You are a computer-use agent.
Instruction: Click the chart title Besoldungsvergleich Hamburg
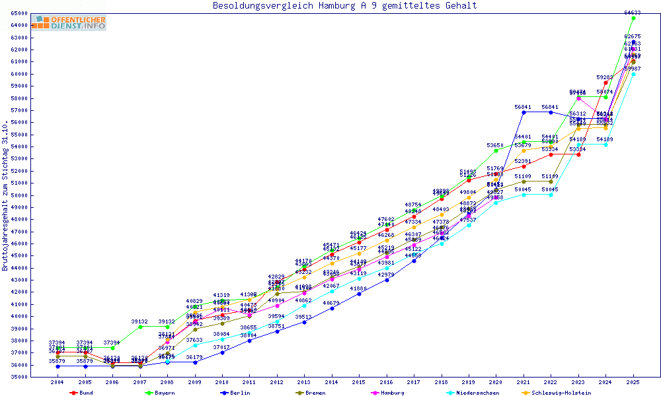pyautogui.click(x=344, y=6)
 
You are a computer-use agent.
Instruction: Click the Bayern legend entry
pyautogui.click(x=161, y=393)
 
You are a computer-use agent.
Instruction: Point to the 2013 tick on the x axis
pyautogui.click(x=304, y=382)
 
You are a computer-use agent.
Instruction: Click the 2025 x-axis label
pyautogui.click(x=633, y=382)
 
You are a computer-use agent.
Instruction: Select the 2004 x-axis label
pyautogui.click(x=58, y=382)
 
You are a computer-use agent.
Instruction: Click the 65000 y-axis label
pyautogui.click(x=19, y=13)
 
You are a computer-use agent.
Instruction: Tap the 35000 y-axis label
pyautogui.click(x=19, y=377)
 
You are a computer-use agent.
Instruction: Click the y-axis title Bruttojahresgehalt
pyautogui.click(x=5, y=196)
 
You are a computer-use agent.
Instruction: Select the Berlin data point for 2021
pyautogui.click(x=524, y=112)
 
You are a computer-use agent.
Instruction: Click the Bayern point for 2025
pyautogui.click(x=633, y=18)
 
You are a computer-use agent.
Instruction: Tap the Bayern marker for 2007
pyautogui.click(x=140, y=327)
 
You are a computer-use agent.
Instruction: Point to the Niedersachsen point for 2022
pyautogui.click(x=551, y=195)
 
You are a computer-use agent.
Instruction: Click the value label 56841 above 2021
pyautogui.click(x=523, y=107)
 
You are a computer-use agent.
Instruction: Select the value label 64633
pyautogui.click(x=633, y=13)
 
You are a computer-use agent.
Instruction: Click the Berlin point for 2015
pyautogui.click(x=359, y=294)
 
